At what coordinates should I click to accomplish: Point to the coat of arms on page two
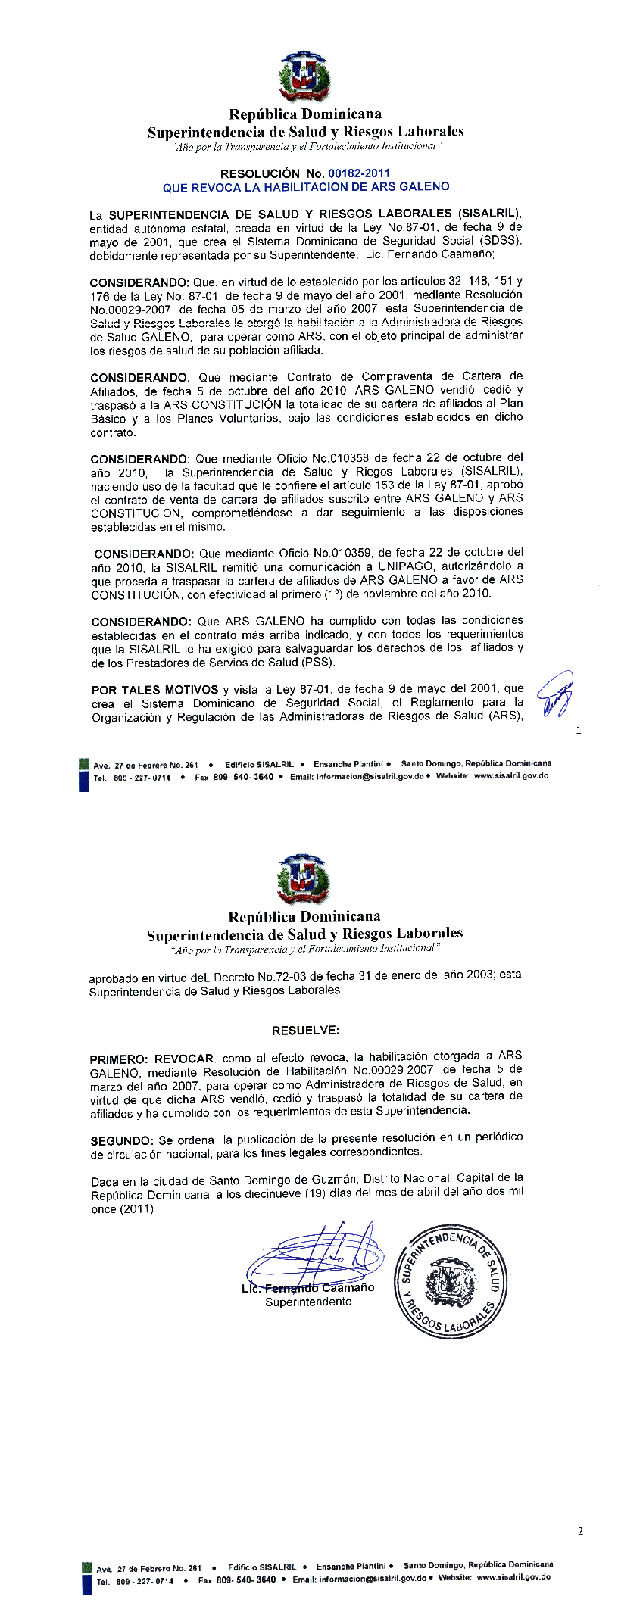pyautogui.click(x=307, y=880)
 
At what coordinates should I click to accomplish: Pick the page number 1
pyautogui.click(x=579, y=731)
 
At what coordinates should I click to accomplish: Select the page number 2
pyautogui.click(x=580, y=1531)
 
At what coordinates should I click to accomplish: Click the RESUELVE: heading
pyautogui.click(x=306, y=1031)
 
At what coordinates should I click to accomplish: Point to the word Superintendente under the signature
pyautogui.click(x=308, y=1302)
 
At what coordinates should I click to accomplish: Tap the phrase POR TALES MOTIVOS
pyautogui.click(x=154, y=689)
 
